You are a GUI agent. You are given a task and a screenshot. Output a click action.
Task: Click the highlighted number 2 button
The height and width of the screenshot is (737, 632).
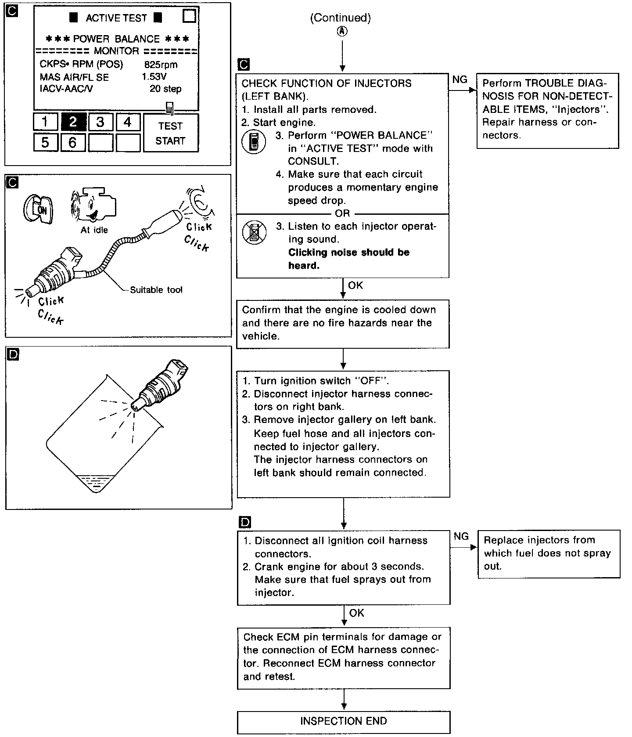[x=73, y=122]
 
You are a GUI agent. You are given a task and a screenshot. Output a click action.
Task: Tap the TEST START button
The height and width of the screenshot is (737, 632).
[x=171, y=133]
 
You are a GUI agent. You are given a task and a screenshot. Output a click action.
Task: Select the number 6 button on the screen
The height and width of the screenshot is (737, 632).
[x=72, y=142]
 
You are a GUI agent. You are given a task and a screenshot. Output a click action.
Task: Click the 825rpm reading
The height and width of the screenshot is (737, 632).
[x=161, y=65]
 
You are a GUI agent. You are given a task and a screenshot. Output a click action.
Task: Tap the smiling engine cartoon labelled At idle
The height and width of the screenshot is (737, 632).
[x=93, y=206]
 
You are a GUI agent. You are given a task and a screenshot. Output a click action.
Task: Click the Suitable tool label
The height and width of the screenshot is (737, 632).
[x=156, y=290]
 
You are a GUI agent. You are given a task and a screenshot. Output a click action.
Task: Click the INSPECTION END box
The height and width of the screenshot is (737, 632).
[x=343, y=721]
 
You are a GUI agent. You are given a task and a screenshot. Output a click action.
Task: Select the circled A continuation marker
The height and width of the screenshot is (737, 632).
[x=342, y=31]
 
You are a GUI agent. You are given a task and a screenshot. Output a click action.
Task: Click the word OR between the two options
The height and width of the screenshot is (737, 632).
[x=342, y=213]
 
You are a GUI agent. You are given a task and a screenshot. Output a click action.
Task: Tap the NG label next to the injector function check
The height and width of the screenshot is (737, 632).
[x=460, y=79]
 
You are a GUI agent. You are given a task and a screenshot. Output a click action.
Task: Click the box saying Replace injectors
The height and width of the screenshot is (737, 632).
[x=548, y=553]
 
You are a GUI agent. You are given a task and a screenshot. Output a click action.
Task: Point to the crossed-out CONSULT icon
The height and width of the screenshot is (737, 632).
[x=254, y=233]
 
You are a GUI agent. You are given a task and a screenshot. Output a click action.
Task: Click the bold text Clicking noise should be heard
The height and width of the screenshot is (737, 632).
[x=348, y=259]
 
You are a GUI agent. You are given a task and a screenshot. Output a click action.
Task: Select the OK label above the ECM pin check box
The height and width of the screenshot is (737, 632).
[x=356, y=613]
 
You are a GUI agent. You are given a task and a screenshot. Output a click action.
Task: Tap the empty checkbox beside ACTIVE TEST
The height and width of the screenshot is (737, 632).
[x=189, y=16]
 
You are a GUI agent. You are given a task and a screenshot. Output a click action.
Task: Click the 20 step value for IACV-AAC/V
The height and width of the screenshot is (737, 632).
[x=165, y=89]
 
